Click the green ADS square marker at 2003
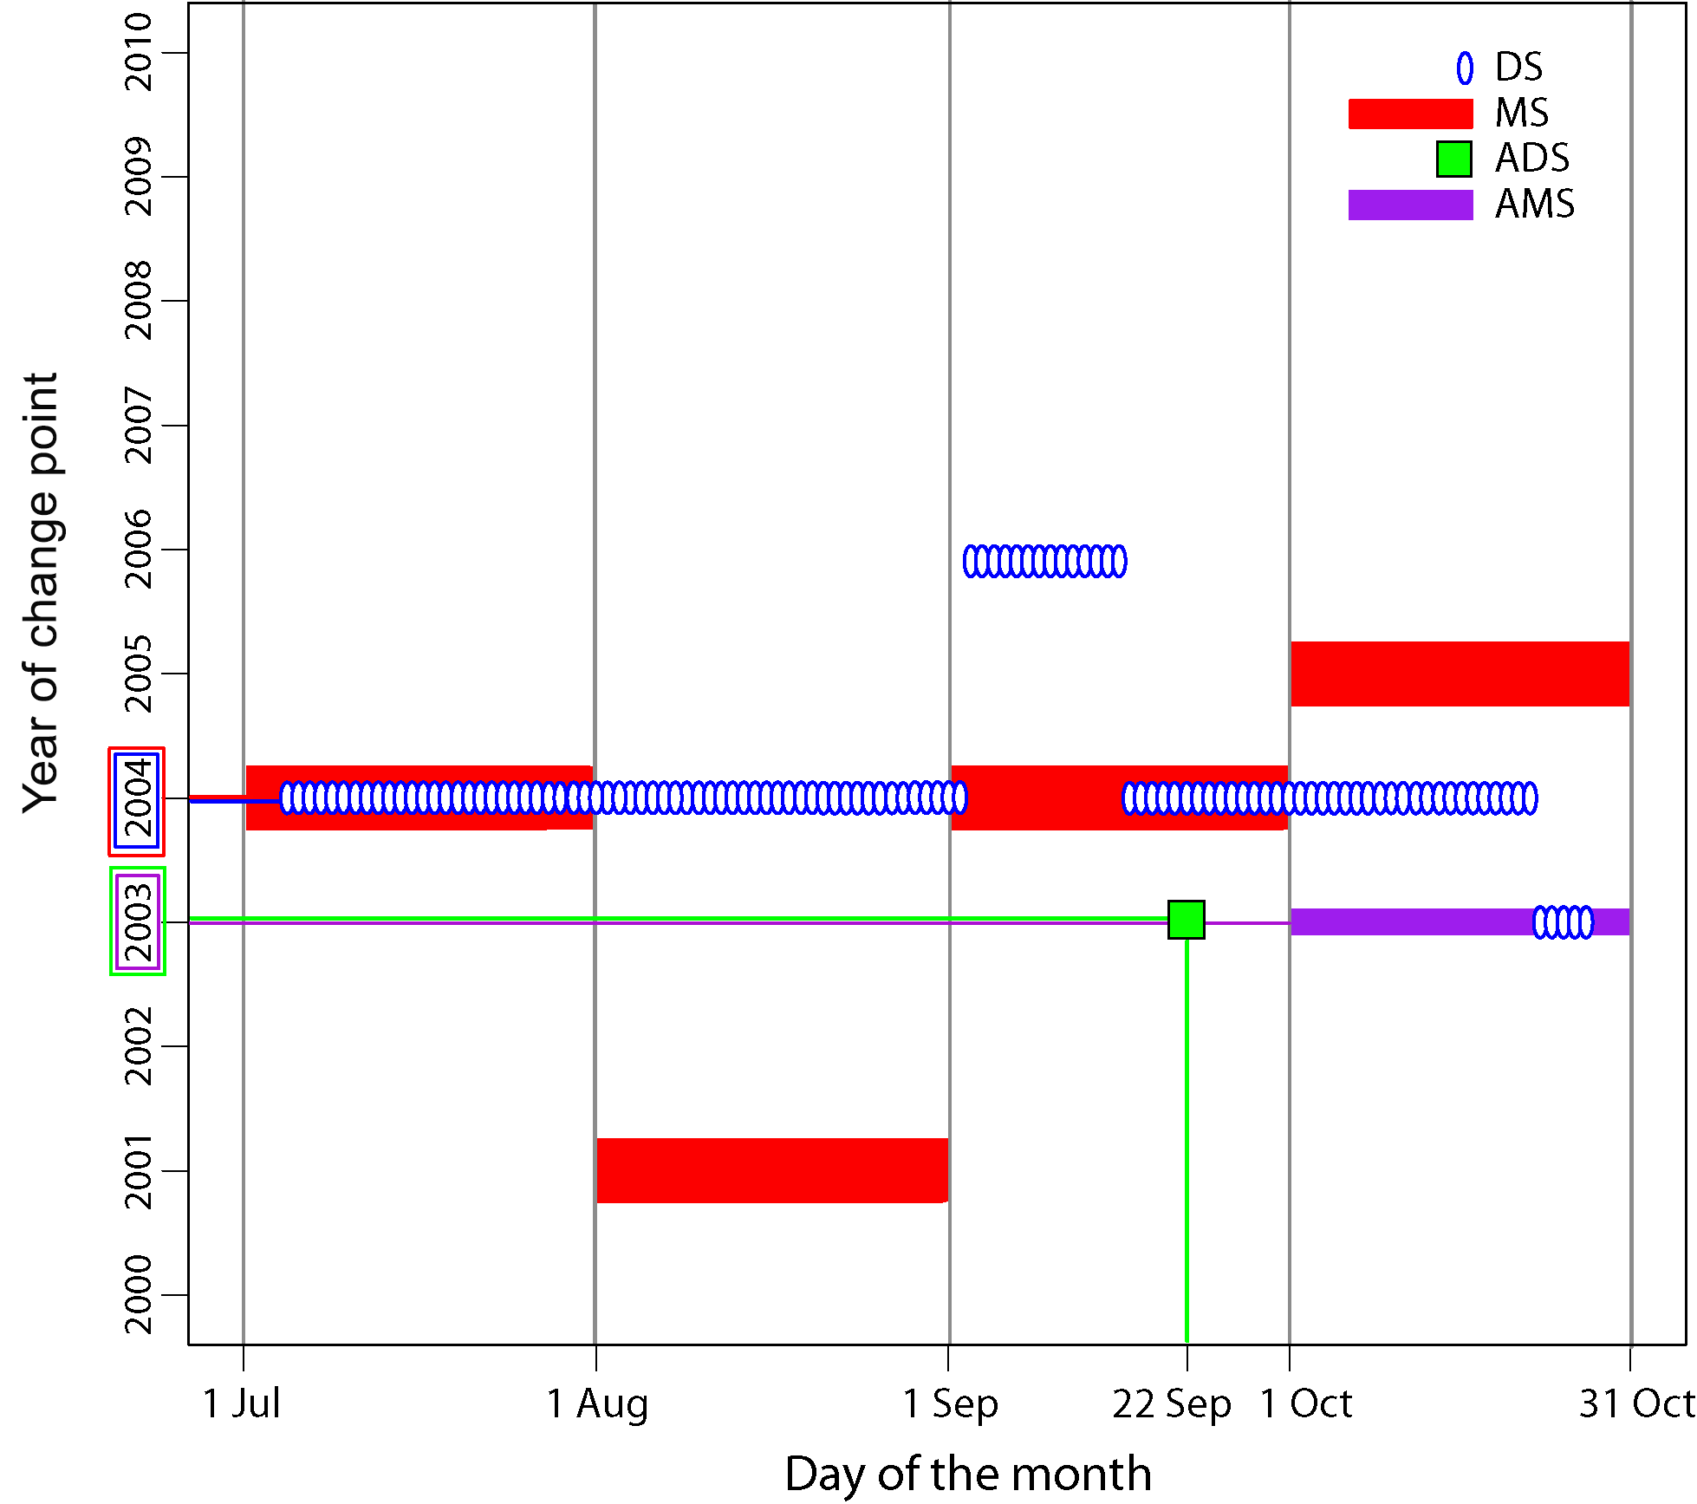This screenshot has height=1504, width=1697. [x=1186, y=920]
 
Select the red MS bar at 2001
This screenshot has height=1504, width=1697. [x=771, y=1170]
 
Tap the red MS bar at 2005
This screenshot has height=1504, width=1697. [x=1460, y=674]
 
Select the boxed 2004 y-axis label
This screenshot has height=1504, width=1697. [x=137, y=801]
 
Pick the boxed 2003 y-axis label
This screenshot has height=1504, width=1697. [x=137, y=921]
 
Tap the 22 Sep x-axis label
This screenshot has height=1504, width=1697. [x=1171, y=1404]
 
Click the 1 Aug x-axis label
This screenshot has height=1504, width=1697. [x=597, y=1404]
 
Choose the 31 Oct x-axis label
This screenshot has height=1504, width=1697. [x=1635, y=1404]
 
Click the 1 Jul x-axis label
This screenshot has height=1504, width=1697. [x=241, y=1404]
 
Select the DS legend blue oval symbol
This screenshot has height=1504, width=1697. [x=1464, y=68]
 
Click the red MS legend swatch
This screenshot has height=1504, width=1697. [x=1410, y=114]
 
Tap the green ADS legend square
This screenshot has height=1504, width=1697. [x=1453, y=159]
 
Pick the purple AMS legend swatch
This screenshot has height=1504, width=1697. [x=1410, y=205]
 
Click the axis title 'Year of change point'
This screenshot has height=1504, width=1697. [x=41, y=593]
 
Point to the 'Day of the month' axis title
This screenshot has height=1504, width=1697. [x=967, y=1474]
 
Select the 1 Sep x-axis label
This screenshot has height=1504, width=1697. [x=950, y=1404]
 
